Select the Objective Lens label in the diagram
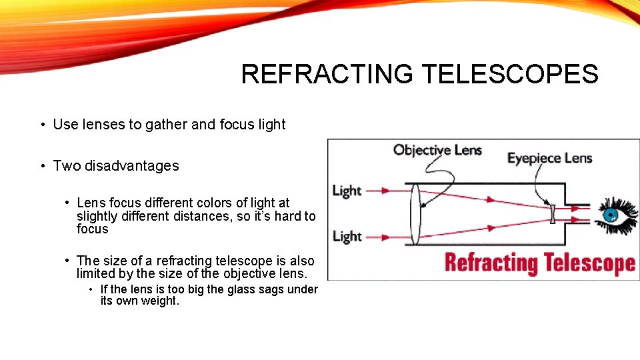coord(437,150)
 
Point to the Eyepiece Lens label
coord(549,158)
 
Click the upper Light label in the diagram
coord(347,191)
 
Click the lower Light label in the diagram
coord(347,236)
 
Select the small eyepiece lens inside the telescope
coord(553,214)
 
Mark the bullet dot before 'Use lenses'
coord(41,125)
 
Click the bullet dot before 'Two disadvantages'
coord(41,166)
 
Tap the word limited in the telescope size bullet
coord(95,273)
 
